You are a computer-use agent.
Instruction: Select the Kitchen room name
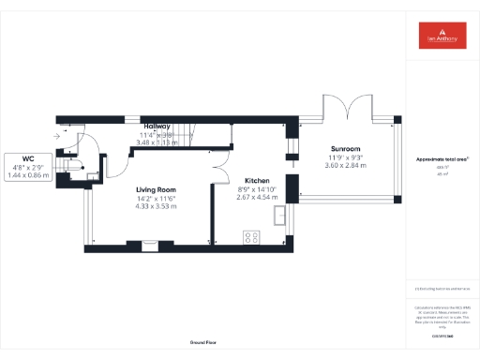click(258, 181)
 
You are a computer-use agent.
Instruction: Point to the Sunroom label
click(345, 149)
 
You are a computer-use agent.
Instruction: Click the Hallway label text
click(157, 126)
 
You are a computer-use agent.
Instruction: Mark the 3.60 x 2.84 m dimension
click(345, 165)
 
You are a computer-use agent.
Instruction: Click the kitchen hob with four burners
click(252, 237)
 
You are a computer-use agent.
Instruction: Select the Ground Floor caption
click(203, 342)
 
